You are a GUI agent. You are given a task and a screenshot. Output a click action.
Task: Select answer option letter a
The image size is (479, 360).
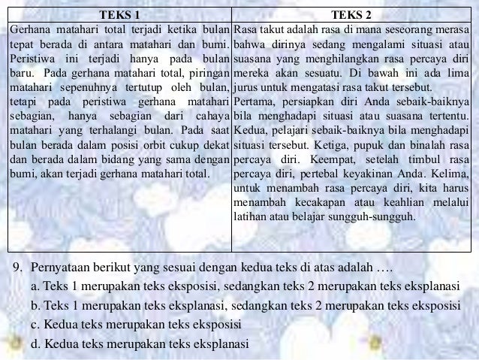(35, 287)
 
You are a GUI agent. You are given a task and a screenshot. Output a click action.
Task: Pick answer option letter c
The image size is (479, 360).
(35, 325)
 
